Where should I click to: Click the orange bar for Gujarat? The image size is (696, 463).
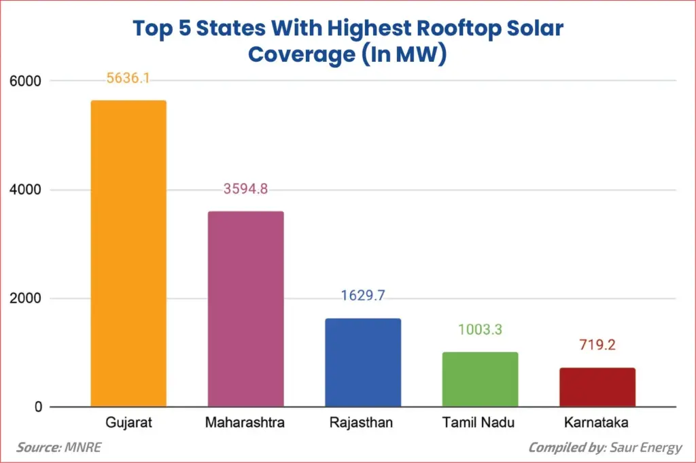128,254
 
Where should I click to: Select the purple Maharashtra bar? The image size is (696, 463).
245,309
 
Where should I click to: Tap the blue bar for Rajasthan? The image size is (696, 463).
363,362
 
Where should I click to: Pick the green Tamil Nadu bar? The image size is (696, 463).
480,379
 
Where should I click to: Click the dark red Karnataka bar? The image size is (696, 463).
597,388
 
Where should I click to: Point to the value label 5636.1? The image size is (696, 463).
128,78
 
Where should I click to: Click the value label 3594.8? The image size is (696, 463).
245,189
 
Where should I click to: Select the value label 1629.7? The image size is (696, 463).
363,296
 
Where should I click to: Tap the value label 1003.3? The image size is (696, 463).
480,330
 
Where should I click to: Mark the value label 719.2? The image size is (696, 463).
597,345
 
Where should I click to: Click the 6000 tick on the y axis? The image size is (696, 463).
25,81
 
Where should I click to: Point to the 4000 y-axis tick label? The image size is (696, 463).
25,190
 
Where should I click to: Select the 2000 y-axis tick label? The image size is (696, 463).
25,298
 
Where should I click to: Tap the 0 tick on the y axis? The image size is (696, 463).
37,407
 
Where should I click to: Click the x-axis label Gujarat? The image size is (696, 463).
128,424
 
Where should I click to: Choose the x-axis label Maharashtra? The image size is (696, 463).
245,424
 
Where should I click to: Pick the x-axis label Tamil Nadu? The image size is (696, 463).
480,424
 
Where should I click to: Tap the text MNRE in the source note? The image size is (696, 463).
84,447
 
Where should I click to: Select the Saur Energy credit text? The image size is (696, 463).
647,447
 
